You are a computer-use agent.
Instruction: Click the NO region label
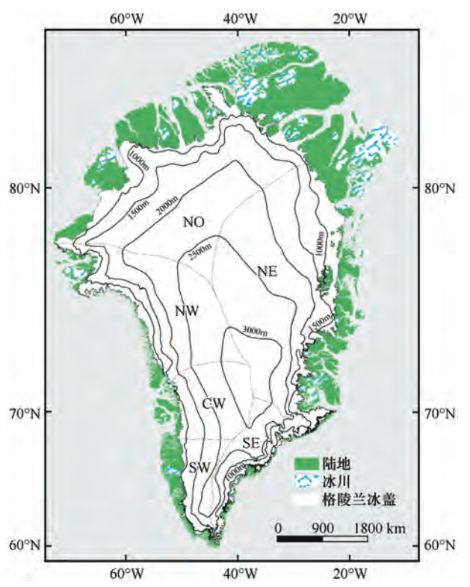point(194,222)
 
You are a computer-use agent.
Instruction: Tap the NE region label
point(267,271)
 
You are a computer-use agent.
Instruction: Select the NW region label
point(186,311)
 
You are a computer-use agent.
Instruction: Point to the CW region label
point(213,404)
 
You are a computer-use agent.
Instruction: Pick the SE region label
point(251,444)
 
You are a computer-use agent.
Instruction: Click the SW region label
point(198,468)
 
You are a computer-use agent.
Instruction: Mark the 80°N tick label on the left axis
point(27,188)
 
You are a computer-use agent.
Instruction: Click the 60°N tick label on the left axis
point(27,544)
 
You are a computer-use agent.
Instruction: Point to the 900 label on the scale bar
point(322,528)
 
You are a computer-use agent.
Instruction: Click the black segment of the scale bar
point(300,538)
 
